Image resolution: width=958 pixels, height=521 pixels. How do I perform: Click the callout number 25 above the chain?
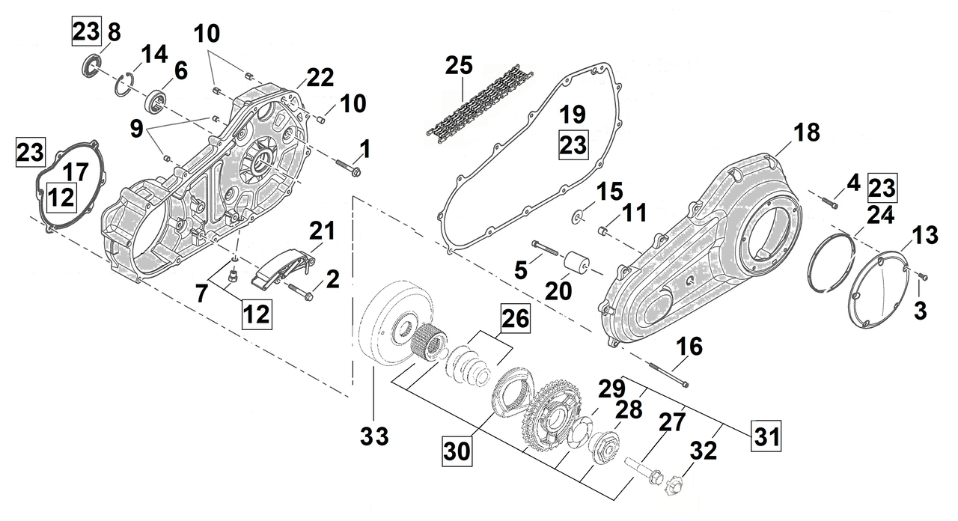point(458,66)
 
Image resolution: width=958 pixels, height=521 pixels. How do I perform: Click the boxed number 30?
point(458,451)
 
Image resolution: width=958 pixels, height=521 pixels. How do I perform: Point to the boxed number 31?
point(764,433)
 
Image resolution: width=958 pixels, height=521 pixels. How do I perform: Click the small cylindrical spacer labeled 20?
point(578,266)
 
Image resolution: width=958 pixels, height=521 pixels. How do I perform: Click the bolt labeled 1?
point(349,168)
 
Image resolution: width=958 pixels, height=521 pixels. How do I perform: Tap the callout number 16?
point(690,347)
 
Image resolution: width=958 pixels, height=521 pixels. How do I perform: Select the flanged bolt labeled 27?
point(645,470)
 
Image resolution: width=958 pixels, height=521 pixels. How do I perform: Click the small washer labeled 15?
point(579,217)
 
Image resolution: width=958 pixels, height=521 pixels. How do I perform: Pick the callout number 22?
point(320,76)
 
